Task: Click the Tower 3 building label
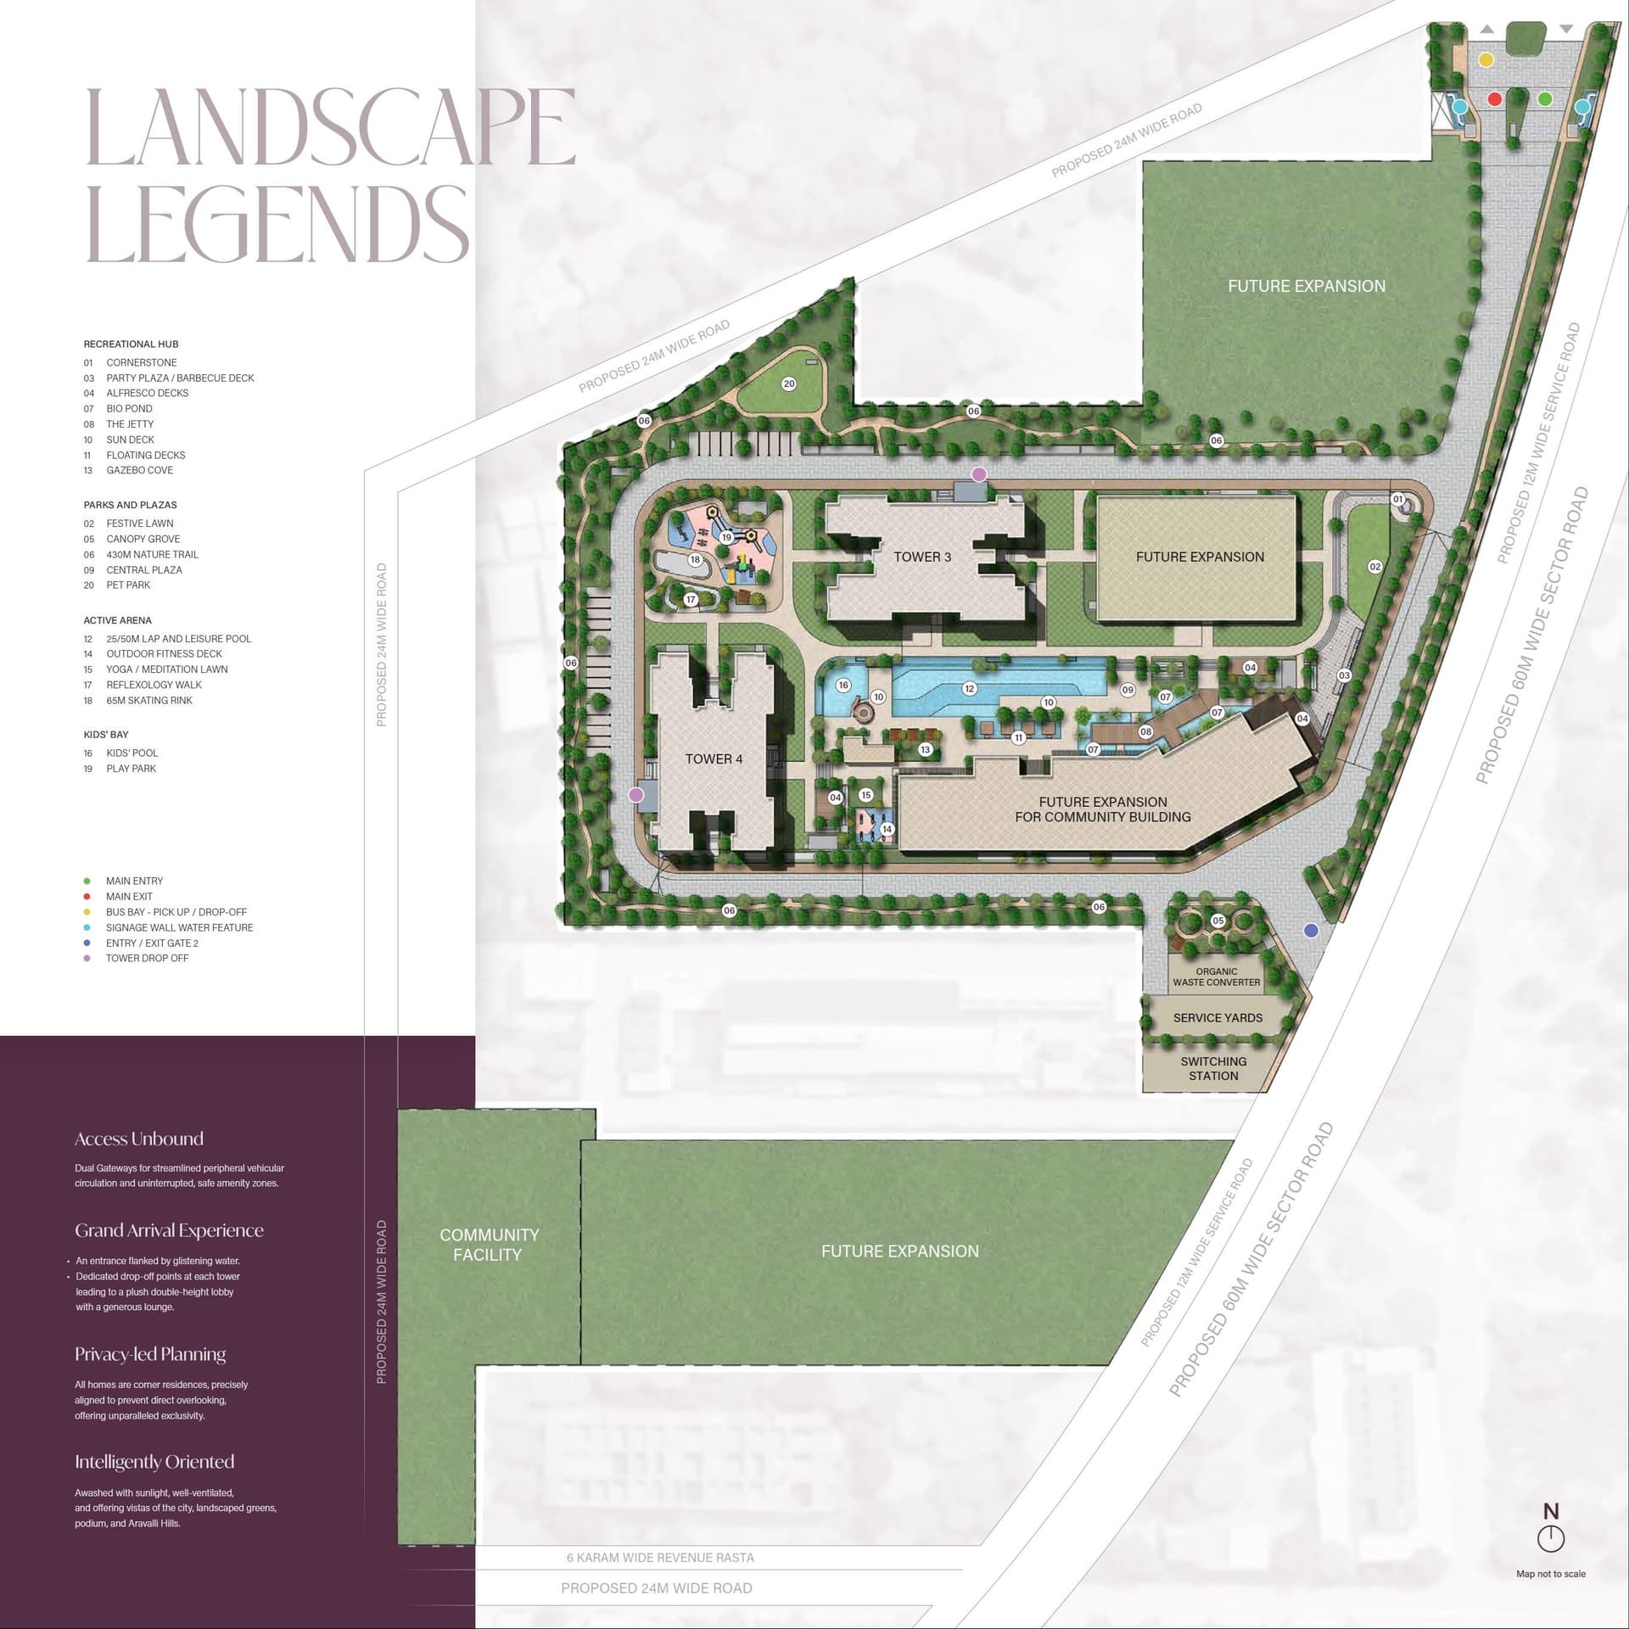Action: pyautogui.click(x=922, y=557)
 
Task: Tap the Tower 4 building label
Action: pyautogui.click(x=714, y=759)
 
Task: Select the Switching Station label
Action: pyautogui.click(x=1213, y=1068)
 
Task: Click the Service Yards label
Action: pyautogui.click(x=1218, y=1017)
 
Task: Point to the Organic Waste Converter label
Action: pyautogui.click(x=1216, y=977)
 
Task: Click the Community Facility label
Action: pyautogui.click(x=489, y=1244)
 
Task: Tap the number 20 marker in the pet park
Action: pyautogui.click(x=789, y=383)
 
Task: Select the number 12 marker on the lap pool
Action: pyautogui.click(x=969, y=688)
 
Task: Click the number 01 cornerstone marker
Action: pyautogui.click(x=1397, y=499)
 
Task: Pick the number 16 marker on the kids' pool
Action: pyautogui.click(x=842, y=685)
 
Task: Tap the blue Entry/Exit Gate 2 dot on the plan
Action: pyautogui.click(x=1311, y=930)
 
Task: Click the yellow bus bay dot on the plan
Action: pyautogui.click(x=1486, y=60)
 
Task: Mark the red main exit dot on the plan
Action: pyautogui.click(x=1495, y=99)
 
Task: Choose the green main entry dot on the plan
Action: pyautogui.click(x=1545, y=99)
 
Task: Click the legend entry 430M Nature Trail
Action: pyautogui.click(x=152, y=554)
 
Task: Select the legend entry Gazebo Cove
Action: pyautogui.click(x=139, y=470)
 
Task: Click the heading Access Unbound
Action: pyautogui.click(x=139, y=1139)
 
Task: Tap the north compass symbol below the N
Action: pyautogui.click(x=1550, y=1537)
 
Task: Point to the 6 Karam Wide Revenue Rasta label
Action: pyautogui.click(x=660, y=1557)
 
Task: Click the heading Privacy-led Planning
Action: pyautogui.click(x=150, y=1354)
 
